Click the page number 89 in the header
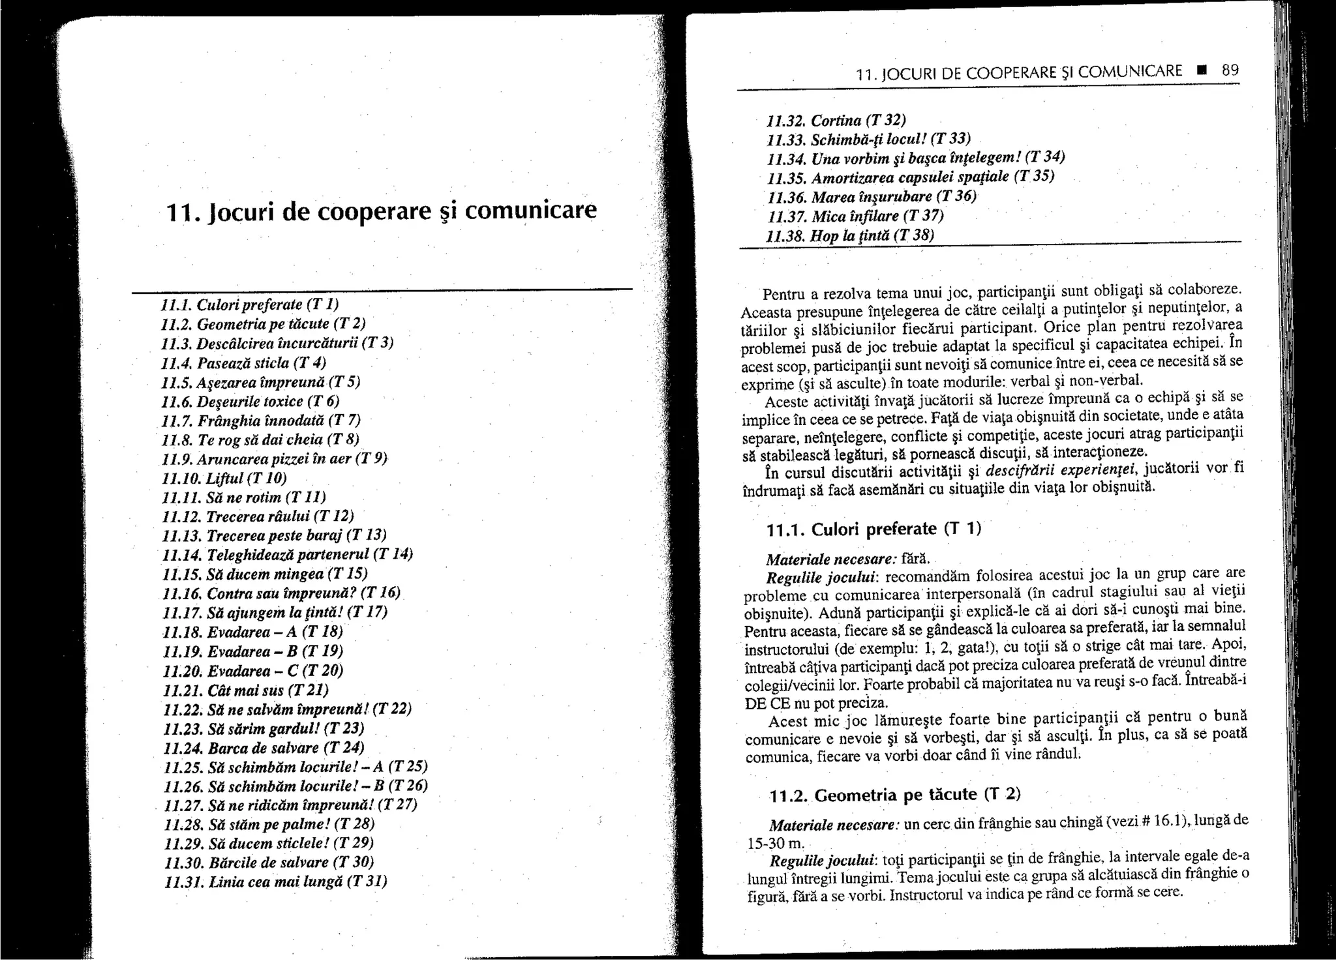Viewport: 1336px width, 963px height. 1230,70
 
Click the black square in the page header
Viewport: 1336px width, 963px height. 1200,70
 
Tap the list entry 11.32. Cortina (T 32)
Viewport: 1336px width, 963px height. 836,120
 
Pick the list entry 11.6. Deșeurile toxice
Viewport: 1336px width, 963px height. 250,401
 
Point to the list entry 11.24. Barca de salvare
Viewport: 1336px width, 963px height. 264,747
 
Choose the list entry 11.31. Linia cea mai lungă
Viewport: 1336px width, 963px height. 275,882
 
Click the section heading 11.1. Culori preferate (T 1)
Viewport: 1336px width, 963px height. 873,529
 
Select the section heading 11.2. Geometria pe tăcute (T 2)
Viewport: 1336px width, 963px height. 894,795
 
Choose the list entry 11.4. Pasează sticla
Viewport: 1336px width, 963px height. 243,363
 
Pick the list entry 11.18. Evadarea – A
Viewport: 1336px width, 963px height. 252,632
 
